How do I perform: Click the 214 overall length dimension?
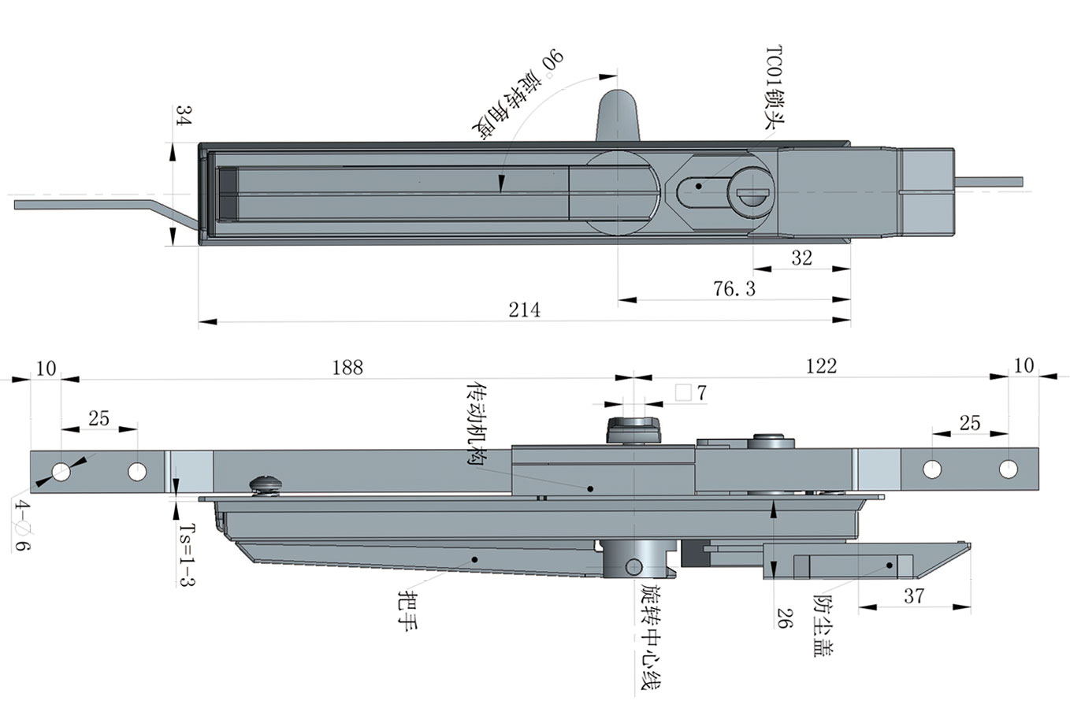[524, 310]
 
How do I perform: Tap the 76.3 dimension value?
[734, 289]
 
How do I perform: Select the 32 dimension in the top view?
[801, 258]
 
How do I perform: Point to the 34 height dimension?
[183, 117]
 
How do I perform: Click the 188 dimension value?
[347, 367]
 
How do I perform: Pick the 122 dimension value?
[820, 365]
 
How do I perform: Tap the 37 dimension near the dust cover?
[913, 596]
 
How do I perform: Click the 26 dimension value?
[783, 617]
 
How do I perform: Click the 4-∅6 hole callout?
[22, 525]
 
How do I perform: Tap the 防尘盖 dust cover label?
[825, 625]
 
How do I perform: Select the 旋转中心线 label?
[650, 637]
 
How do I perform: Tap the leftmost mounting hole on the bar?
[61, 472]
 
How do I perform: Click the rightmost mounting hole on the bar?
[1009, 469]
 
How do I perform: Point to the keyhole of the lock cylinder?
[752, 191]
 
